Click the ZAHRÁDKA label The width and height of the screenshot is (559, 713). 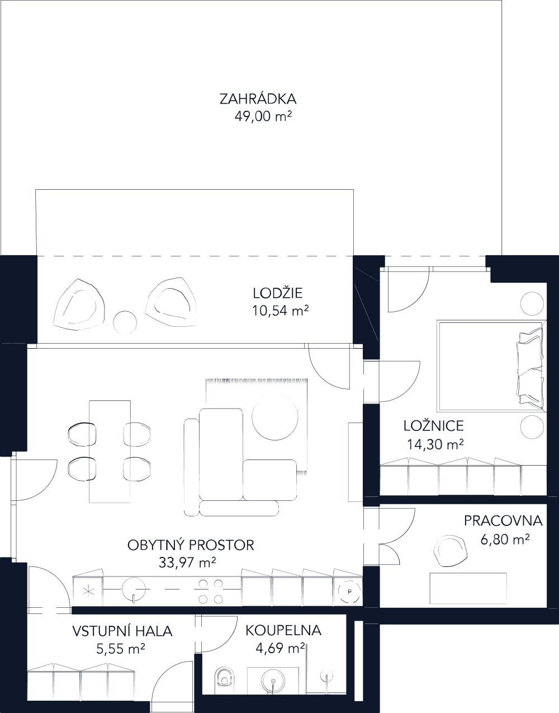pyautogui.click(x=258, y=100)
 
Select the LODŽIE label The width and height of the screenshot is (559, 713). pyautogui.click(x=278, y=293)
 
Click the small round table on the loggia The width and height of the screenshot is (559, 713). pyautogui.click(x=125, y=323)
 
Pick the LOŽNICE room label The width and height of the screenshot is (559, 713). pyautogui.click(x=434, y=426)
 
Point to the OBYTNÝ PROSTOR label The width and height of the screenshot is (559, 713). pyautogui.click(x=191, y=545)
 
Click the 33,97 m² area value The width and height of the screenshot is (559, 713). pyautogui.click(x=187, y=562)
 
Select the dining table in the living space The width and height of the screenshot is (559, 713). pyautogui.click(x=110, y=451)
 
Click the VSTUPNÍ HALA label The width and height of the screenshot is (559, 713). pyautogui.click(x=122, y=631)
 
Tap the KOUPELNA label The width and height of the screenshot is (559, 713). pyautogui.click(x=283, y=630)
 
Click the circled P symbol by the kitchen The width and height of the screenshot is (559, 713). pyautogui.click(x=349, y=591)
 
